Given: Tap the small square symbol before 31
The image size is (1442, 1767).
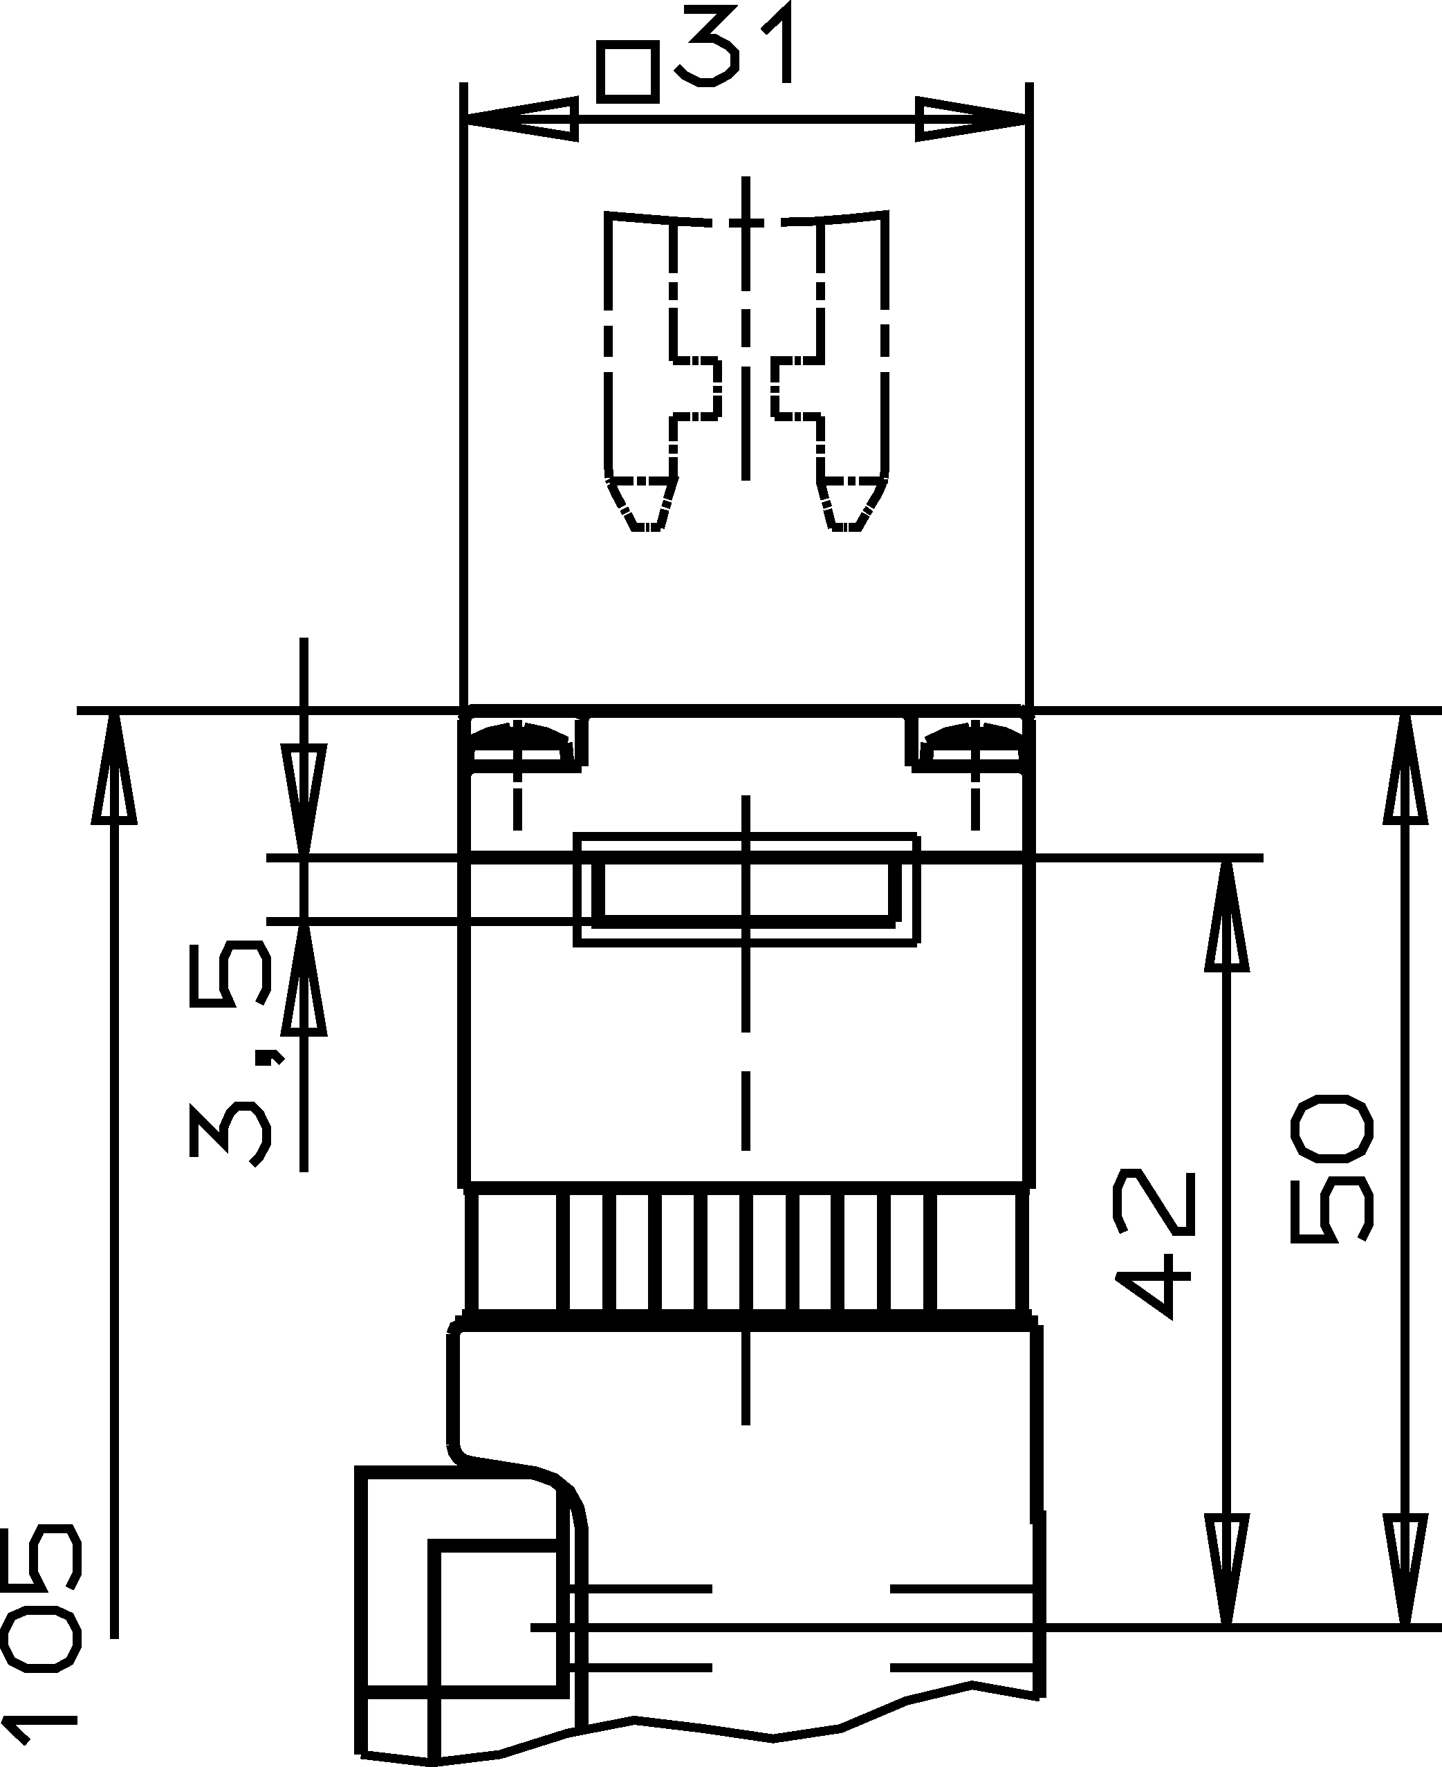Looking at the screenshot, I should (628, 74).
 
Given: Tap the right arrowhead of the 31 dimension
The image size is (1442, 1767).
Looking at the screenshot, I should (972, 119).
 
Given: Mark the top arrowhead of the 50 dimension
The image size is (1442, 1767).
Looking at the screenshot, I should (1405, 768).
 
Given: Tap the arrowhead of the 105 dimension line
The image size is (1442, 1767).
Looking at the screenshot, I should (114, 768).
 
